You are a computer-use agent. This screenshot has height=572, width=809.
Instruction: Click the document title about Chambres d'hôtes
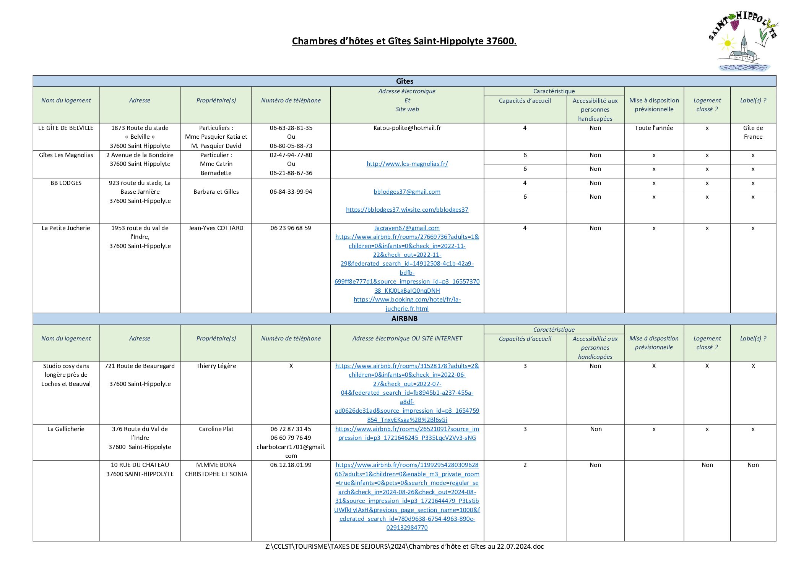click(x=404, y=41)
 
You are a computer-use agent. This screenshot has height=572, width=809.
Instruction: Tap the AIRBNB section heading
click(x=404, y=319)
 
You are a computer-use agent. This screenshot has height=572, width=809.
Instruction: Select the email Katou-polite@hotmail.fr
click(x=407, y=128)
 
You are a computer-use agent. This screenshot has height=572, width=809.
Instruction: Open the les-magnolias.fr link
click(x=407, y=164)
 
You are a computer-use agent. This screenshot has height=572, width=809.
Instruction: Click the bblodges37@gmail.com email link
click(x=407, y=192)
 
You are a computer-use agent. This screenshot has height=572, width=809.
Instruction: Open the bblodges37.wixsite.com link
click(x=407, y=210)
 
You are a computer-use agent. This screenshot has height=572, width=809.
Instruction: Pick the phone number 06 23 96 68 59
click(x=291, y=228)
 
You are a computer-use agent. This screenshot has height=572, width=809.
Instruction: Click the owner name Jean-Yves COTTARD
click(x=216, y=228)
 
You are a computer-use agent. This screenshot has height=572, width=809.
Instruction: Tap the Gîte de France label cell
click(x=753, y=133)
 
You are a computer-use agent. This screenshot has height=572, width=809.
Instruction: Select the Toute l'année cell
click(x=654, y=128)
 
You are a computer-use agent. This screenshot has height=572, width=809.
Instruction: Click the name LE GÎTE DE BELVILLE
click(x=66, y=128)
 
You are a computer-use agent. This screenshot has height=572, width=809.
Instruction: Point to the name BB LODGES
click(x=66, y=183)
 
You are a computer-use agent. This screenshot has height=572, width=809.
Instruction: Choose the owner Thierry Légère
click(x=216, y=366)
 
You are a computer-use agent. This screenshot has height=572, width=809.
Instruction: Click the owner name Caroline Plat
click(x=216, y=429)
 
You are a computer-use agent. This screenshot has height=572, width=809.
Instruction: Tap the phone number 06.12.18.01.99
click(x=291, y=465)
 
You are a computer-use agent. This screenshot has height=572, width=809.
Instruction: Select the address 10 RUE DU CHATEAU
click(x=140, y=465)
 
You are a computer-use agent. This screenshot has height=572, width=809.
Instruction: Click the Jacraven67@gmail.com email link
click(x=407, y=228)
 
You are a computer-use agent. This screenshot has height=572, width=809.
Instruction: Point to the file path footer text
click(x=404, y=546)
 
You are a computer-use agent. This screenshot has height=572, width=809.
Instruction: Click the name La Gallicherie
click(x=66, y=429)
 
